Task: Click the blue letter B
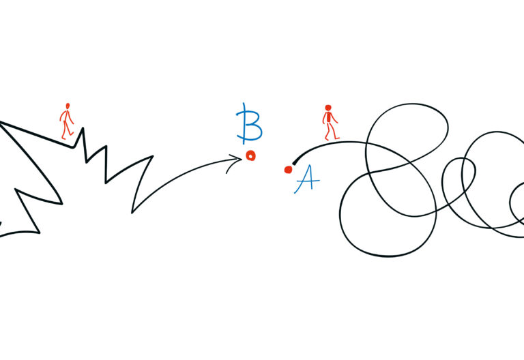pyautogui.click(x=249, y=123)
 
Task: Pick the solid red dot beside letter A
pyautogui.click(x=288, y=169)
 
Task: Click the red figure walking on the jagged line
pyautogui.click(x=66, y=121)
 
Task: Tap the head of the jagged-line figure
pyautogui.click(x=67, y=106)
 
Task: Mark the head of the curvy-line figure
pyautogui.click(x=328, y=108)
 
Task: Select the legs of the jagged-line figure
pyautogui.click(x=67, y=132)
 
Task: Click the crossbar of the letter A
pyautogui.click(x=306, y=181)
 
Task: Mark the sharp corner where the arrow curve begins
pyautogui.click(x=132, y=211)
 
